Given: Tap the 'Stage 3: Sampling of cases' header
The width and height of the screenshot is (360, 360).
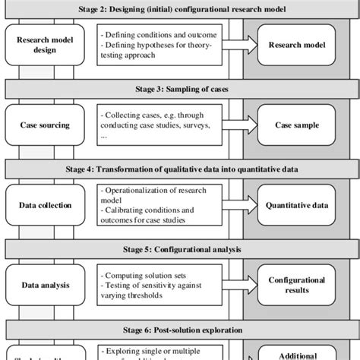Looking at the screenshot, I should click(180, 88).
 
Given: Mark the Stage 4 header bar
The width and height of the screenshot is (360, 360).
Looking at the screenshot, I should click(180, 168).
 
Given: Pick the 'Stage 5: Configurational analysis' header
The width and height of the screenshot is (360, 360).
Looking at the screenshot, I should click(180, 248).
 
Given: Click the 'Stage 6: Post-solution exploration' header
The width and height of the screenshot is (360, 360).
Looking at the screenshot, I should click(180, 330).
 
